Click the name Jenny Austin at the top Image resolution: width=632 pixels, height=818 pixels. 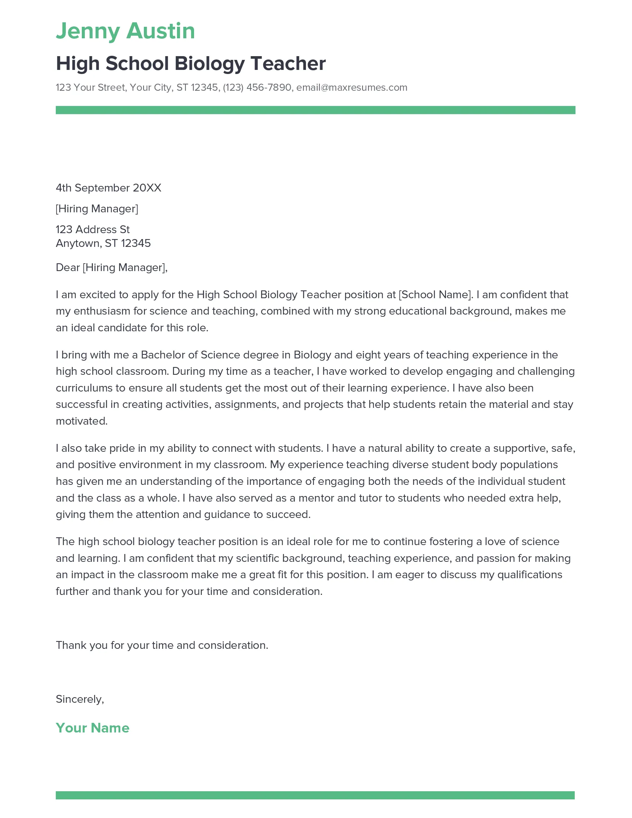[125, 31]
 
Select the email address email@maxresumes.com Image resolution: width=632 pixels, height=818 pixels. [352, 88]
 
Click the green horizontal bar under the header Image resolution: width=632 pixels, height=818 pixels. [315, 110]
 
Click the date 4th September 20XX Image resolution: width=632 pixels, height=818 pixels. [108, 188]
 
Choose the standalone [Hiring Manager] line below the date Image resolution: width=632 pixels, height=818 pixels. [97, 209]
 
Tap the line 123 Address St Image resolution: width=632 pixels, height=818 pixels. [93, 229]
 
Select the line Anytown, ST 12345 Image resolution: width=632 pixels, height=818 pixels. [103, 244]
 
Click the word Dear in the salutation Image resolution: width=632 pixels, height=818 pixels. [67, 268]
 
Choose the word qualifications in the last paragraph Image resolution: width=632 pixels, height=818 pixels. [529, 575]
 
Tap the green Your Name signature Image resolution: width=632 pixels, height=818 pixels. [93, 728]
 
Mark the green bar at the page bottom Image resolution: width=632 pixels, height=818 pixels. [315, 795]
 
